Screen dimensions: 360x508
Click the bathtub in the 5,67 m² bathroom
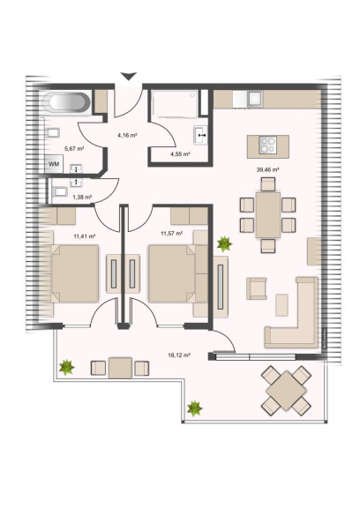pyautogui.click(x=67, y=102)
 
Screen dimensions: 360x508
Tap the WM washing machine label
pyautogui.click(x=54, y=164)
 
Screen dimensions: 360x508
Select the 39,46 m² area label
pyautogui.click(x=267, y=169)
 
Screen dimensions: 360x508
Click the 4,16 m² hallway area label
pyautogui.click(x=127, y=135)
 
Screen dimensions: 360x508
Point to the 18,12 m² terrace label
pyautogui.click(x=179, y=355)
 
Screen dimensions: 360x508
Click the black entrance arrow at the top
pyautogui.click(x=129, y=76)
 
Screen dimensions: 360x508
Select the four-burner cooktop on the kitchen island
pyautogui.click(x=267, y=145)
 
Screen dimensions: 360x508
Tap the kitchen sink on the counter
pyautogui.click(x=254, y=98)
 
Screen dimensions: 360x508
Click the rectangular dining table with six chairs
pyautogui.click(x=268, y=215)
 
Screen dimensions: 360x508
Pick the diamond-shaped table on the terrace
pyautogui.click(x=286, y=391)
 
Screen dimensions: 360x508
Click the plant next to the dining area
pyautogui.click(x=224, y=244)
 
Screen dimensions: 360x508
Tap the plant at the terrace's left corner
pyautogui.click(x=67, y=368)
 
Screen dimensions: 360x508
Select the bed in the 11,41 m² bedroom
pyautogui.click(x=75, y=273)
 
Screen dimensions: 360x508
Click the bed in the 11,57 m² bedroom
pyautogui.click(x=172, y=273)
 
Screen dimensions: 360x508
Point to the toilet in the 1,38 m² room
pyautogui.click(x=60, y=191)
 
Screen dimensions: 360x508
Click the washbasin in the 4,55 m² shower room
pyautogui.click(x=200, y=135)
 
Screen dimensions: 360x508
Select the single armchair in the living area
pyautogui.click(x=256, y=288)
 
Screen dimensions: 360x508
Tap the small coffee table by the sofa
pyautogui.click(x=281, y=305)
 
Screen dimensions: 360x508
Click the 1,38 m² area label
pyautogui.click(x=82, y=197)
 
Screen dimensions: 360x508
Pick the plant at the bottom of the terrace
pyautogui.click(x=194, y=408)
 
